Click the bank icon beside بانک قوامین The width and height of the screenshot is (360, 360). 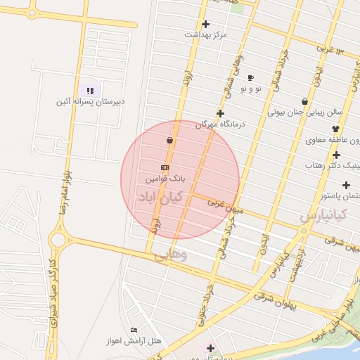pos(165,168)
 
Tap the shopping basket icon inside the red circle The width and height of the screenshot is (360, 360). pos(170,141)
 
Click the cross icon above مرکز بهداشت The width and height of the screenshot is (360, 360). pos(205,24)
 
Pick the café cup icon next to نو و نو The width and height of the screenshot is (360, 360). pos(251,77)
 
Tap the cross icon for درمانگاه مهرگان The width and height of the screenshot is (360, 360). pos(220,113)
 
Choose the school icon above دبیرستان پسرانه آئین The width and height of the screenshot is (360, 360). pos(89,90)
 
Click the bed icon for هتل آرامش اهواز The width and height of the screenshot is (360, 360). pos(134,330)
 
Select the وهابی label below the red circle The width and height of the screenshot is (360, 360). pos(171,256)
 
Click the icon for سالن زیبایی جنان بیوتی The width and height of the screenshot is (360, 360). pos(304,101)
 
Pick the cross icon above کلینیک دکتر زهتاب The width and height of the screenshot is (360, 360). pos(337,155)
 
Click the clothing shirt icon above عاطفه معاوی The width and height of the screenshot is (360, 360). pos(335,129)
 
